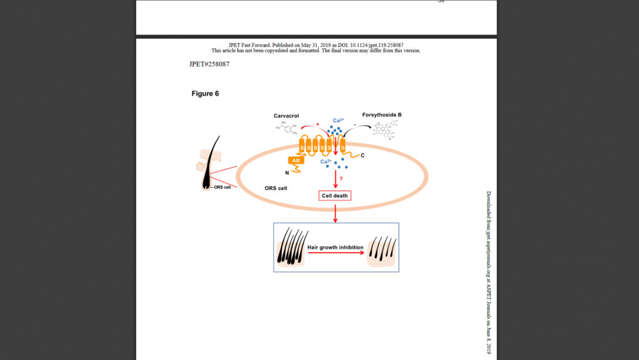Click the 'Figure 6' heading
(x=205, y=93)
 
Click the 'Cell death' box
(x=335, y=195)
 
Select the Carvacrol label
(x=286, y=115)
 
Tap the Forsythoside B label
(x=381, y=115)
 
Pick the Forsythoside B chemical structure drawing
(x=387, y=130)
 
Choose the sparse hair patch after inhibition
(x=381, y=251)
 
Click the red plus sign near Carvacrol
(x=317, y=124)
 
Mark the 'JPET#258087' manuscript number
(x=209, y=64)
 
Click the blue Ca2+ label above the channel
(x=339, y=120)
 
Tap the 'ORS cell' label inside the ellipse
(x=275, y=189)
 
